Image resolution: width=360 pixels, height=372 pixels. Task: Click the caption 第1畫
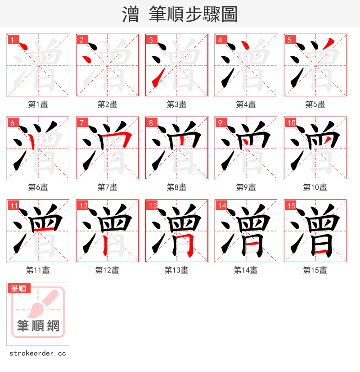(38, 104)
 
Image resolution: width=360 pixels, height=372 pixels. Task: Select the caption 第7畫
(108, 187)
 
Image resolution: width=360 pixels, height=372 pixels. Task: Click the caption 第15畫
(315, 270)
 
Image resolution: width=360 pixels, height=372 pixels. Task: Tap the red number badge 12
(83, 206)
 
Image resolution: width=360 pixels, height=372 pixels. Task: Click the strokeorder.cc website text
(38, 354)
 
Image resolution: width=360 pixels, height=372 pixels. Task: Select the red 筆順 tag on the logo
(19, 288)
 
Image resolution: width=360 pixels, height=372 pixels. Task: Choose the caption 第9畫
(246, 187)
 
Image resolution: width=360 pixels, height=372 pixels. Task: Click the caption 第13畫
(176, 270)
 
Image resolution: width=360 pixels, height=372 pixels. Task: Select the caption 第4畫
(246, 104)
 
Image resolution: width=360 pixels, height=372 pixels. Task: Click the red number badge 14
(221, 206)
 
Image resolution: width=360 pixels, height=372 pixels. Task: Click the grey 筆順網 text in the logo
(38, 326)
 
